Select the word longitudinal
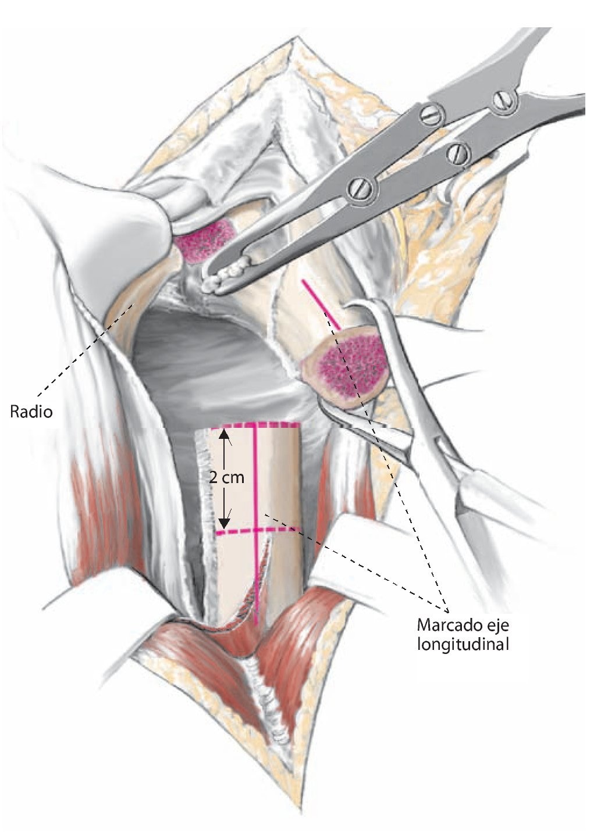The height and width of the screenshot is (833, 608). point(463,644)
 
